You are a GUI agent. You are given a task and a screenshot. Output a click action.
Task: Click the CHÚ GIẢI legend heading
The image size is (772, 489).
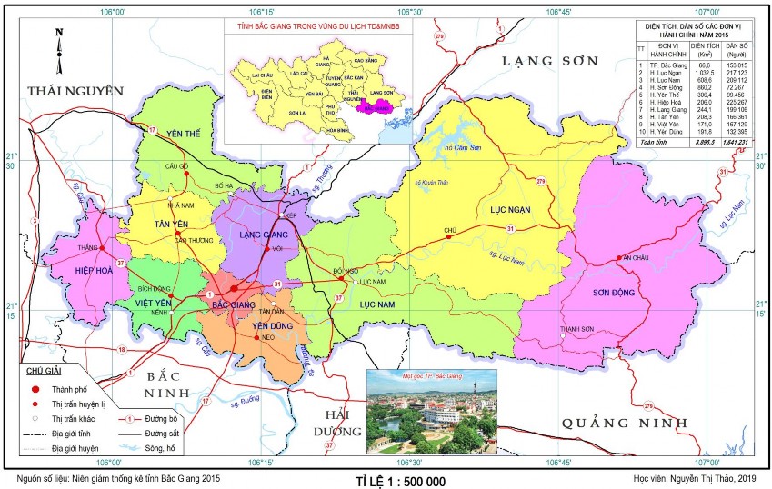[x=44, y=370]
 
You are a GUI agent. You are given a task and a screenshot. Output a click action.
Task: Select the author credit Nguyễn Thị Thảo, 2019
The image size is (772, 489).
[x=697, y=477]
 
